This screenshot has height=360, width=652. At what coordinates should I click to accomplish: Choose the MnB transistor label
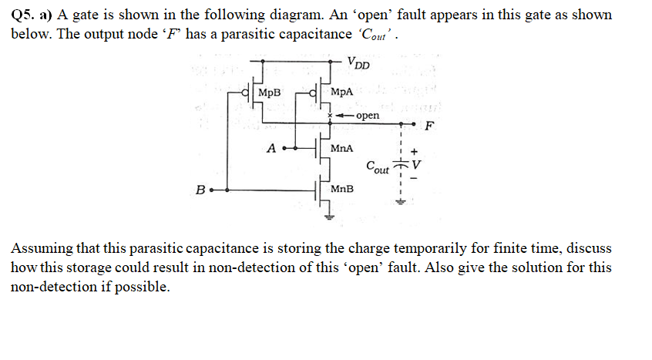click(341, 188)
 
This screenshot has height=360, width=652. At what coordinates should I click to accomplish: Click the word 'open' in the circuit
click(368, 116)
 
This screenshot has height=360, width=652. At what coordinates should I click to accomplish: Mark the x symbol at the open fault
click(330, 116)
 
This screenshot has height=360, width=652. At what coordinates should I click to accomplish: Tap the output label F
click(429, 126)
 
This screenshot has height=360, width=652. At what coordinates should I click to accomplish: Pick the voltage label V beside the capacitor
click(417, 164)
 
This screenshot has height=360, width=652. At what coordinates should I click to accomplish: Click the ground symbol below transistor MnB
click(327, 217)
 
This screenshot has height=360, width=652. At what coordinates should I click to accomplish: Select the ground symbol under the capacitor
click(399, 204)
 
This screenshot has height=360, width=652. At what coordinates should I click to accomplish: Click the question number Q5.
click(23, 15)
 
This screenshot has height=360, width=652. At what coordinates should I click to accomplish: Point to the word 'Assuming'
click(39, 249)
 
